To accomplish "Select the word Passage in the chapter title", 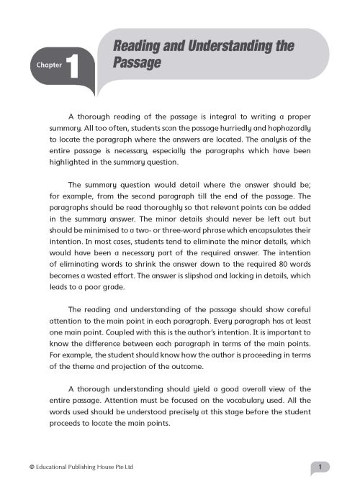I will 135,63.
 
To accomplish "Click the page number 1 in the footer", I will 325,468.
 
